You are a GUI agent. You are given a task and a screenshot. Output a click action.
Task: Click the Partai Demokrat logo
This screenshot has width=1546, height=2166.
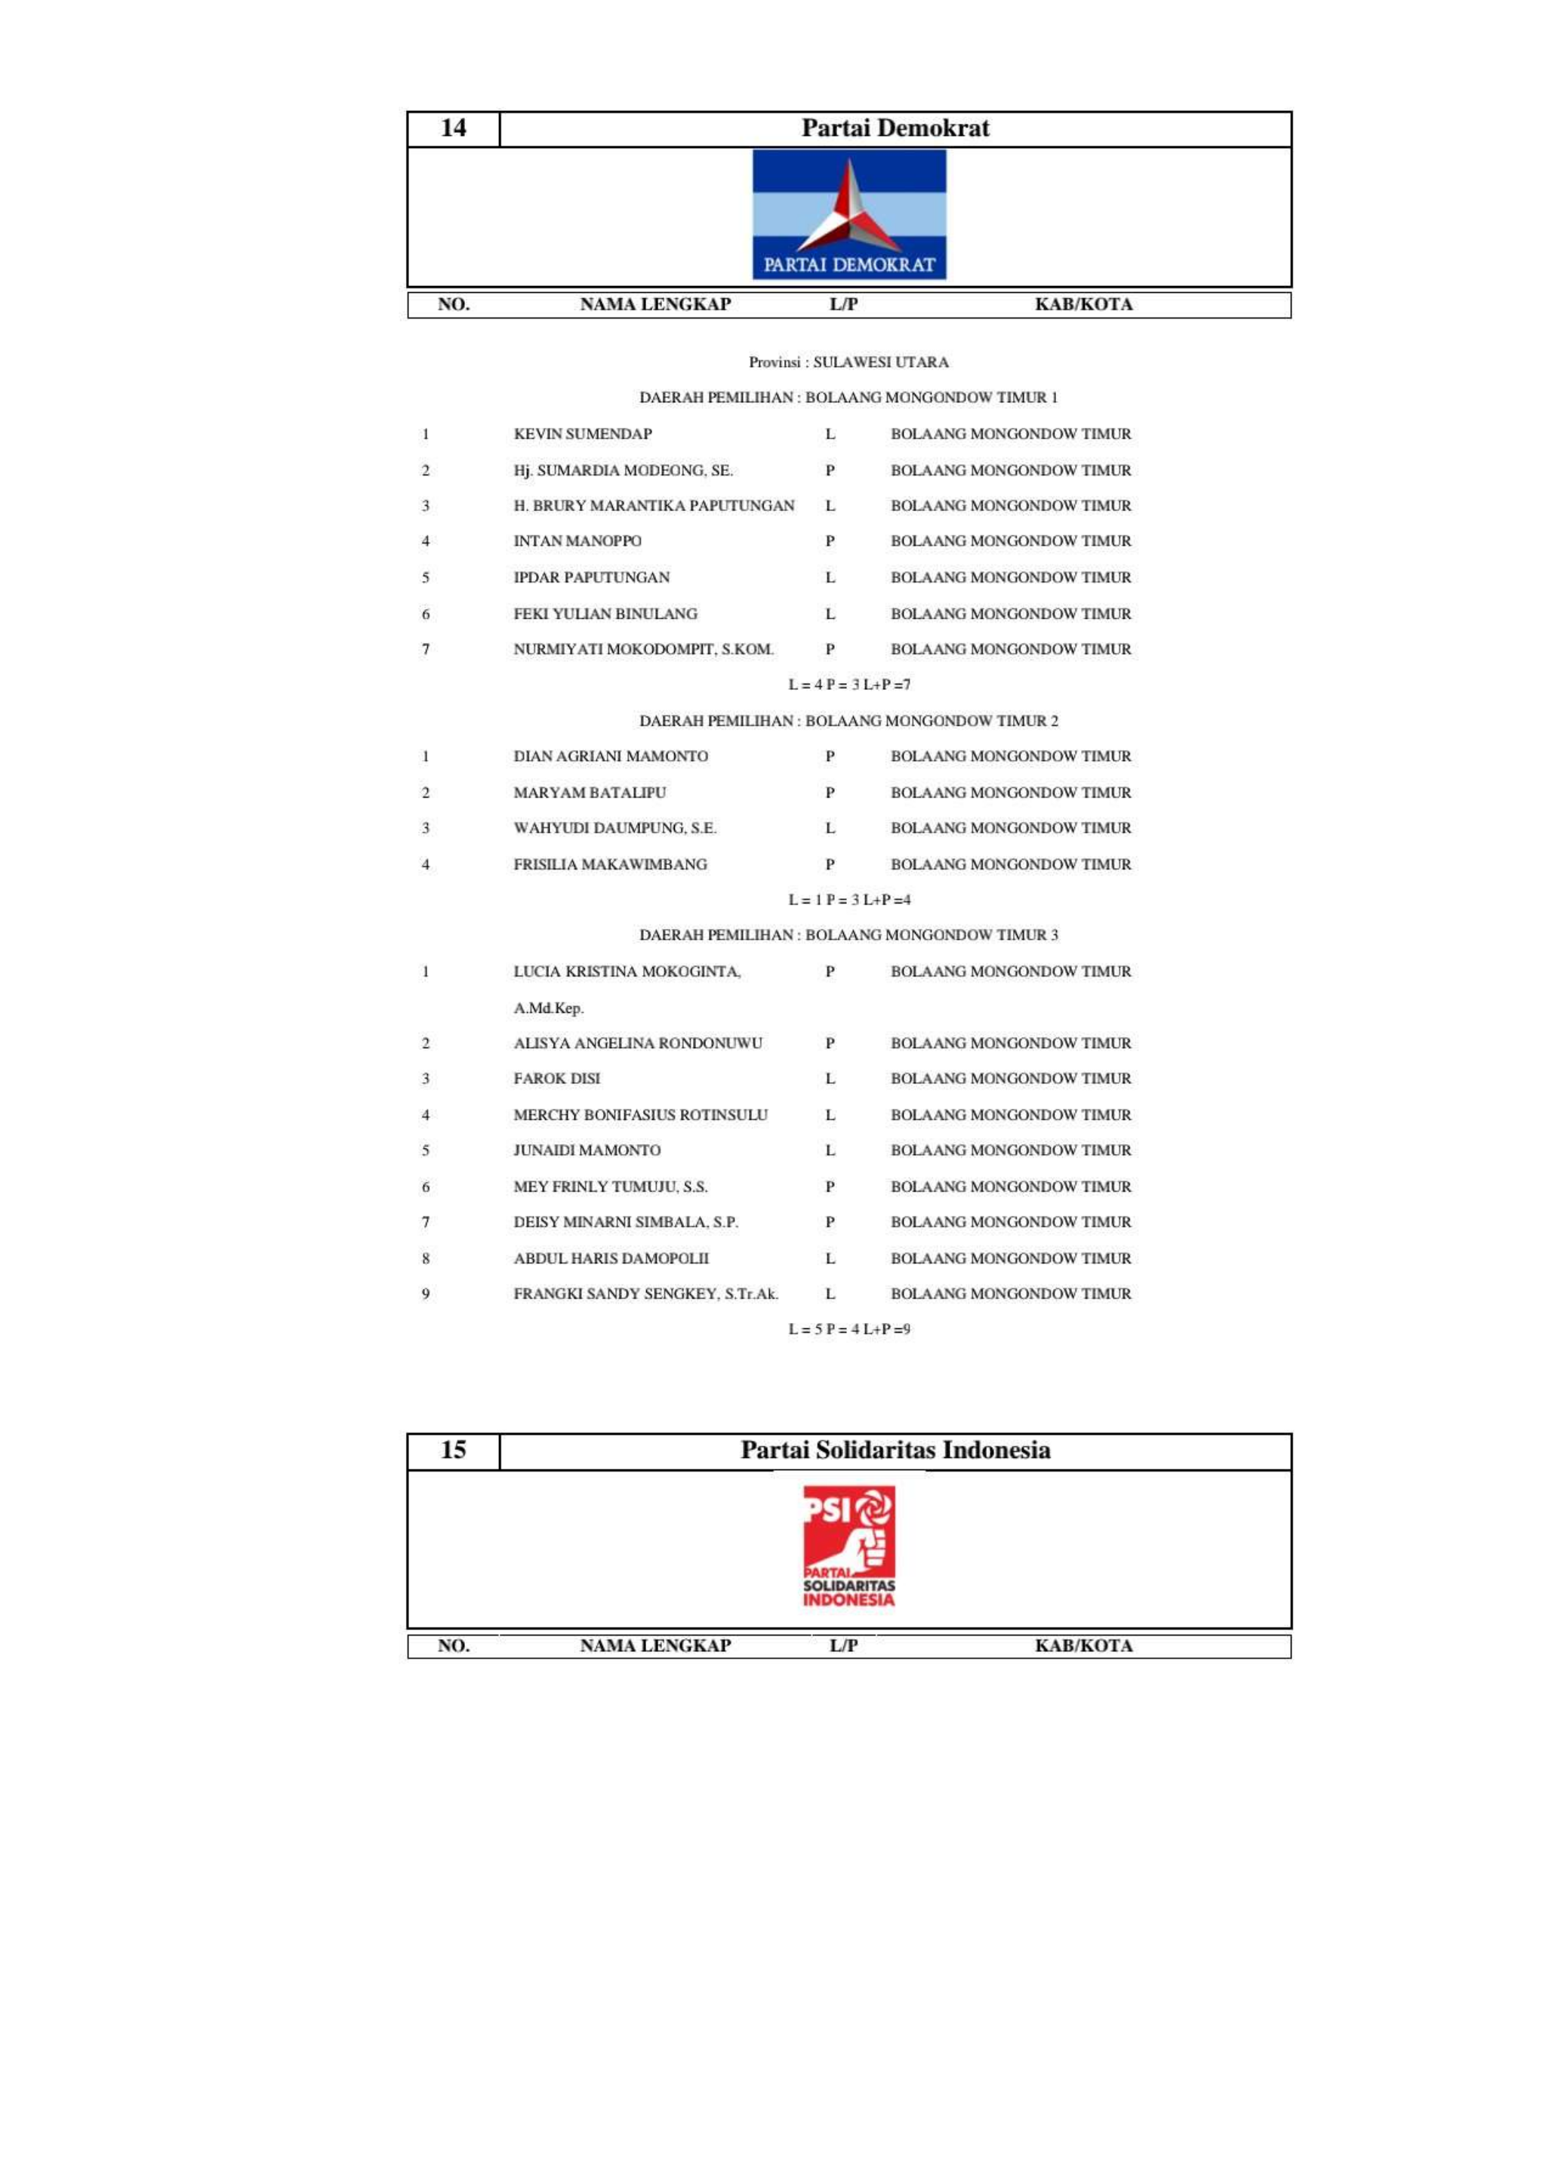[849, 215]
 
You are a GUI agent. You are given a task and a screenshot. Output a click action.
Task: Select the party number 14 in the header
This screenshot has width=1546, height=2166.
[453, 128]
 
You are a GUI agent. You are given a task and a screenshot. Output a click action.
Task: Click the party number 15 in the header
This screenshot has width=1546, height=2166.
[453, 1451]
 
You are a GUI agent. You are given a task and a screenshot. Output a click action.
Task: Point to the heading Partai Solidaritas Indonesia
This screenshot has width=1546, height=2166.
[895, 1451]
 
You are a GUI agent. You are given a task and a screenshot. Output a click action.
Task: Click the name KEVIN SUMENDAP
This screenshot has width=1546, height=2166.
[583, 434]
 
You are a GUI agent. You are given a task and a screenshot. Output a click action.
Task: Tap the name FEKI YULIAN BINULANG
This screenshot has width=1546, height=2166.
[605, 614]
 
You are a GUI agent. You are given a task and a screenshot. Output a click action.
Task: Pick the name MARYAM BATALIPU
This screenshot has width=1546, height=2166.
[590, 792]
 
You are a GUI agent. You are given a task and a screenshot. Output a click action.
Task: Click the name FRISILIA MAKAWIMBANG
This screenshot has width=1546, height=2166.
[610, 864]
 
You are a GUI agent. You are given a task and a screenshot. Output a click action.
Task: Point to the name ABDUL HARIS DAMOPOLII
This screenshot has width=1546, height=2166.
[611, 1258]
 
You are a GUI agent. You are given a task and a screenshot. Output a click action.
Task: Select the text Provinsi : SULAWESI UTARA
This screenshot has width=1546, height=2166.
[848, 362]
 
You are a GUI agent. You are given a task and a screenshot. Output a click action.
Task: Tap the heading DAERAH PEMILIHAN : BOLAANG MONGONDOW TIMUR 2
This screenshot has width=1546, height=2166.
[848, 721]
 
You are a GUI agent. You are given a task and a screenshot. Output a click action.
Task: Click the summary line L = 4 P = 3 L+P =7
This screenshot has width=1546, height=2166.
[848, 685]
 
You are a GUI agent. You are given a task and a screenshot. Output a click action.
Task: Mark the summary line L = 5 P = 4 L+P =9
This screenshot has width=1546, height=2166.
[848, 1330]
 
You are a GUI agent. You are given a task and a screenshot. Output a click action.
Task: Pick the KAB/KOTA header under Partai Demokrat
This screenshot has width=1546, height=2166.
[1083, 305]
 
